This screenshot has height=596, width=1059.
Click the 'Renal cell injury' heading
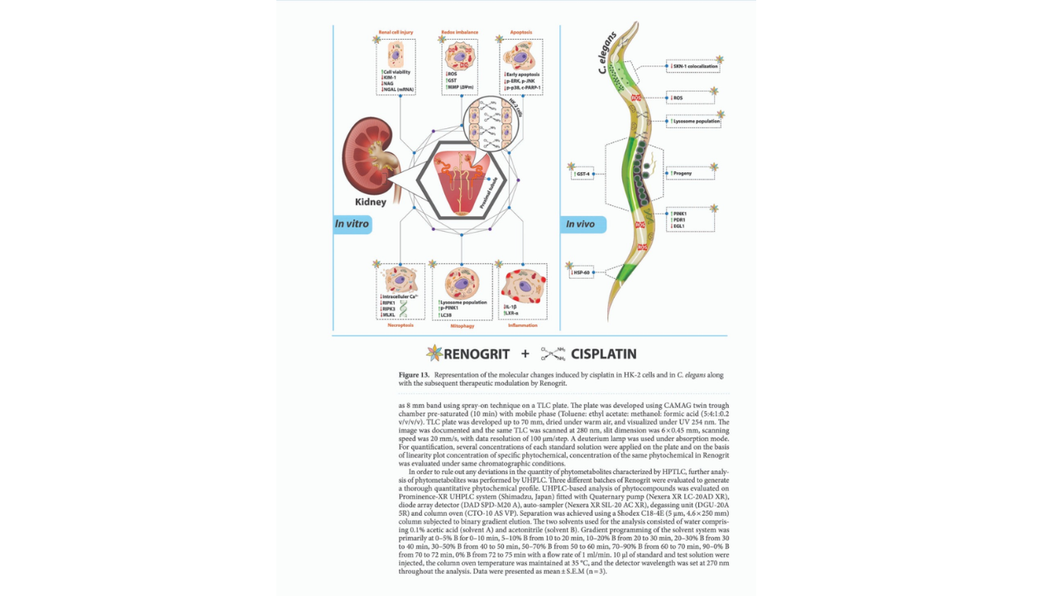coord(395,32)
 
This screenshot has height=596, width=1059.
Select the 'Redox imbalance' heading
coord(459,32)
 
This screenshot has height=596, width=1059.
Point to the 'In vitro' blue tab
coord(352,224)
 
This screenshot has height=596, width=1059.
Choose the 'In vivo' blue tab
coord(582,224)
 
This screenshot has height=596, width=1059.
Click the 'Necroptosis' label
coord(400,325)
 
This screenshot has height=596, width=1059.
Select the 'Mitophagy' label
coord(462,325)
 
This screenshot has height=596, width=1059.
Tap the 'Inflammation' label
coord(523,325)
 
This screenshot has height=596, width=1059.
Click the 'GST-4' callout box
coord(582,174)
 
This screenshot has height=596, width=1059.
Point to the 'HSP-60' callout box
coord(582,272)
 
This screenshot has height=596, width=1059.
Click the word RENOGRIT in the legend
coord(477,354)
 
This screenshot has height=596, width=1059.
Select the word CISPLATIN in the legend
coord(603,354)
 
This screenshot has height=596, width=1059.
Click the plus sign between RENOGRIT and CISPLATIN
coord(525,354)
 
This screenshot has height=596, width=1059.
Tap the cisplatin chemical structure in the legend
coord(553,354)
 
